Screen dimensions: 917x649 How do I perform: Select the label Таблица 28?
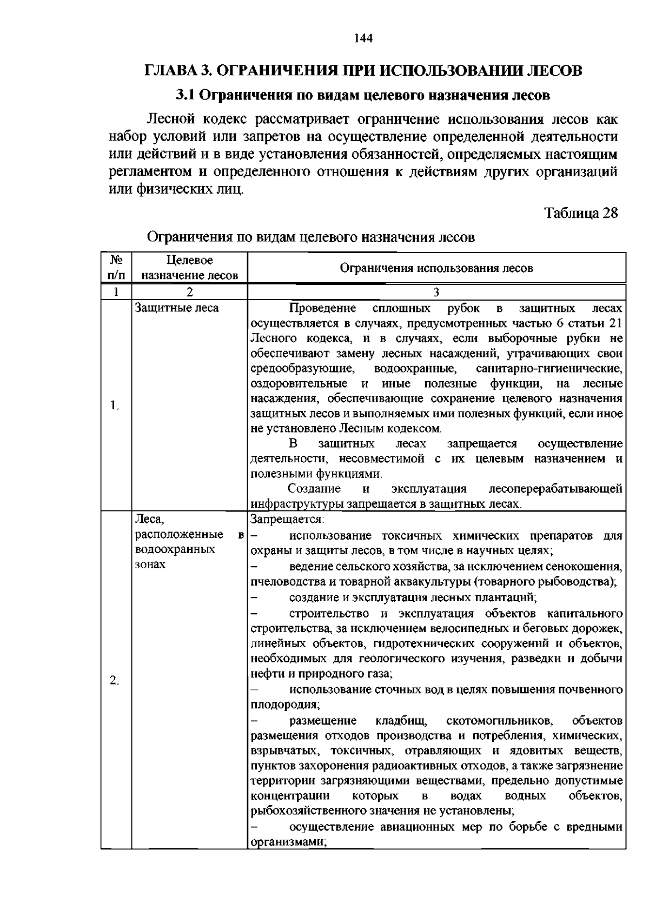point(581,212)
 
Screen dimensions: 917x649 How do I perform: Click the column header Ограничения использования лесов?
point(436,268)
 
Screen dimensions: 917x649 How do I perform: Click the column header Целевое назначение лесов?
point(189,268)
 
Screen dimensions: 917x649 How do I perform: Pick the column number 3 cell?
point(436,293)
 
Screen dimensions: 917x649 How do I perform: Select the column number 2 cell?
point(189,293)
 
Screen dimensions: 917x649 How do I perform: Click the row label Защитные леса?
point(177,308)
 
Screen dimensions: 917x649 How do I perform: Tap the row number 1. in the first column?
point(115,406)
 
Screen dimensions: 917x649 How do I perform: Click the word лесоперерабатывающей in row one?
point(555,489)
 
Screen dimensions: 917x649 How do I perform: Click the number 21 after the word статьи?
point(615,323)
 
